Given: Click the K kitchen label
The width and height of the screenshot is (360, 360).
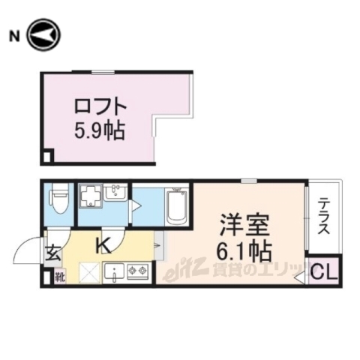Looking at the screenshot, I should (103, 243).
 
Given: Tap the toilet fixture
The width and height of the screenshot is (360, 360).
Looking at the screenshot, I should (58, 201).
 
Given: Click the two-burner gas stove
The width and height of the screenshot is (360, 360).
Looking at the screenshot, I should (137, 271).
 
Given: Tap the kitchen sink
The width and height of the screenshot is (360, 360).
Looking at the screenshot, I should (113, 272).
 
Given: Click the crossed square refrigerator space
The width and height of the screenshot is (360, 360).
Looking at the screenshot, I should (88, 273).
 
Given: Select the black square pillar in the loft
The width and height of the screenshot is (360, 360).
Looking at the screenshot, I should (47, 157).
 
